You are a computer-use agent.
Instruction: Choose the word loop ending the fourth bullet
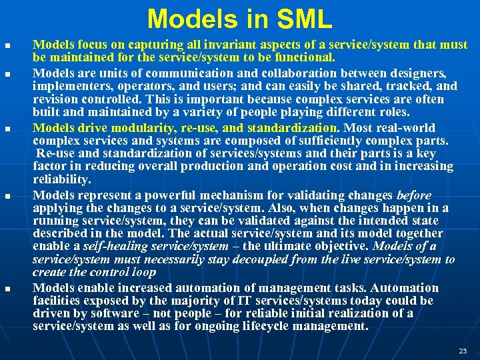143,272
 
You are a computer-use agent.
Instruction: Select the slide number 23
463,350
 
